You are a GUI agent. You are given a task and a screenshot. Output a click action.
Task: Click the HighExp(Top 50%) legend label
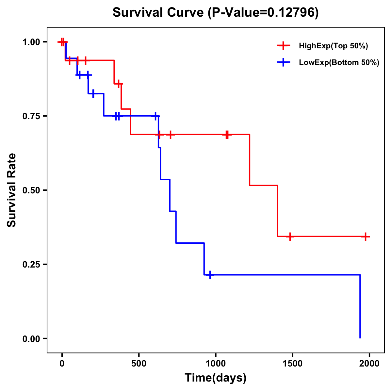click(333, 46)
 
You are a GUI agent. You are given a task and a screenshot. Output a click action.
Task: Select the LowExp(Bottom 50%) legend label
click(339, 63)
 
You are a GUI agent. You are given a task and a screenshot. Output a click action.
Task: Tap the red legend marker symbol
click(283, 46)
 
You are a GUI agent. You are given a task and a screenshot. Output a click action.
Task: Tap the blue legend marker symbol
click(283, 62)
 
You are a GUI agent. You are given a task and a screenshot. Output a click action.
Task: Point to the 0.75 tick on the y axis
click(33, 116)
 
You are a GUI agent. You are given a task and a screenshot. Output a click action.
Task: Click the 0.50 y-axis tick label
click(33, 190)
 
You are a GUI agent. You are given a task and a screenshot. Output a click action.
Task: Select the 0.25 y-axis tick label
click(33, 265)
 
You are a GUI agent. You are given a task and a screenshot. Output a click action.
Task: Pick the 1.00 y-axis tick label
click(33, 42)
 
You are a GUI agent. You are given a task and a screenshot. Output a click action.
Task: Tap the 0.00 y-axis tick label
click(33, 339)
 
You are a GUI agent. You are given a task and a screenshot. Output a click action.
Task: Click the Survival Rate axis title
click(12, 190)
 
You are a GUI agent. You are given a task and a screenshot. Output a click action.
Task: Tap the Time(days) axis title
click(215, 378)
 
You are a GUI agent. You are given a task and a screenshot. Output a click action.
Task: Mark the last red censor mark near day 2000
click(366, 237)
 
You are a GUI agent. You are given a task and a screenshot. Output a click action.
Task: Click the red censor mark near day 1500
click(290, 237)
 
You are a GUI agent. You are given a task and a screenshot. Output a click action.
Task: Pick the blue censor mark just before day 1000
click(210, 275)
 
